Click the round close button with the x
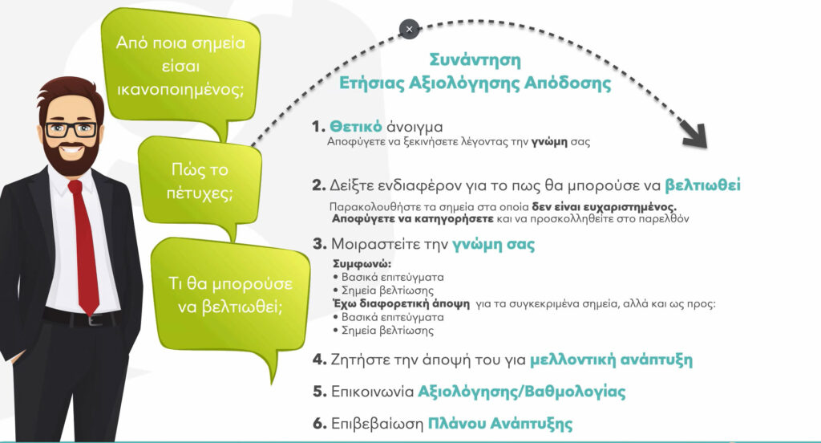tap(410, 29)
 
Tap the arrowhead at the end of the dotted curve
tap(695, 135)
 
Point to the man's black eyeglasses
tap(71, 129)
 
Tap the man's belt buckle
tap(95, 319)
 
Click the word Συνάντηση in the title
tap(475, 60)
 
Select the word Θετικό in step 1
tap(355, 126)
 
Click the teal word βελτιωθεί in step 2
tap(702, 185)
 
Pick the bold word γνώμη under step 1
tap(549, 142)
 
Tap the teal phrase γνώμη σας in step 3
tap(493, 245)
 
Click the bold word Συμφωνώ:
tap(362, 264)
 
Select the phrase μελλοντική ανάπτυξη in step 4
tap(611, 360)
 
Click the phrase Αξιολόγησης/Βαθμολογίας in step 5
tap(521, 392)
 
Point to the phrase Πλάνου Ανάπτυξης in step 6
tap(500, 424)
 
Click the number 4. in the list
tap(319, 360)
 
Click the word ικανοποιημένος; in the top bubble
tap(180, 90)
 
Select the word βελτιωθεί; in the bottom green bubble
tap(242, 307)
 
